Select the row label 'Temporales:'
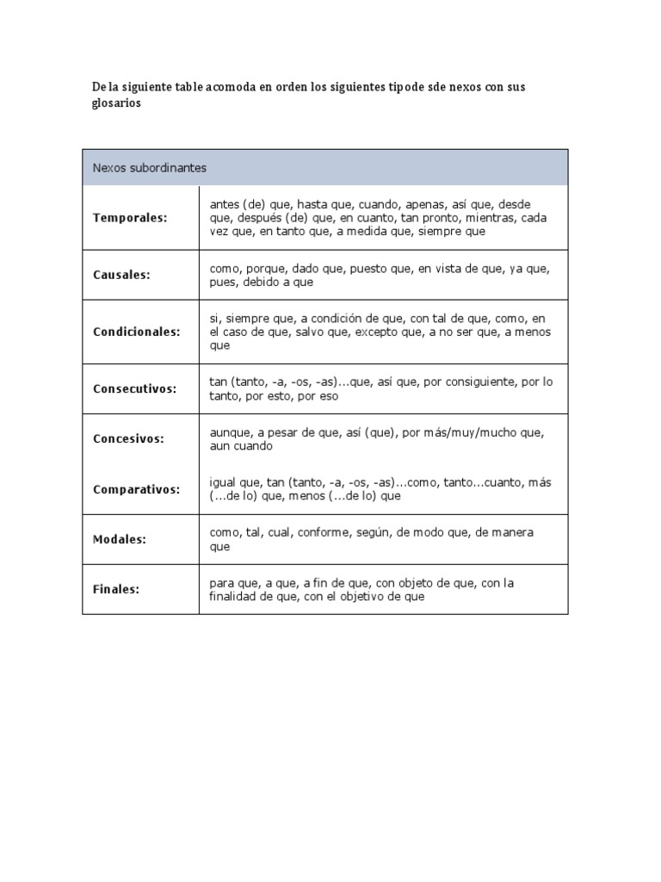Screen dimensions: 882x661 (x=130, y=218)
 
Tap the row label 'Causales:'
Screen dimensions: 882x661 (x=121, y=275)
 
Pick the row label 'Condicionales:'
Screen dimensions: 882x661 (x=137, y=332)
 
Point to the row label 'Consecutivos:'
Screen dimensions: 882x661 (x=134, y=388)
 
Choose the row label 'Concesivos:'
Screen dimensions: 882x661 (x=128, y=438)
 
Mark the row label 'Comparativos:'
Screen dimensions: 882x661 (x=136, y=489)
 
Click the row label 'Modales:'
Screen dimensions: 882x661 (x=120, y=539)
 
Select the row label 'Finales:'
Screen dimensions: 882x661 (x=116, y=590)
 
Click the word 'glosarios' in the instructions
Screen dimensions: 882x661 (x=116, y=102)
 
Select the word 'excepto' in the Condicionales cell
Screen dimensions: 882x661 (x=377, y=332)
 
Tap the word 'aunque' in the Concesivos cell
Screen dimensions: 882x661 (x=228, y=432)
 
